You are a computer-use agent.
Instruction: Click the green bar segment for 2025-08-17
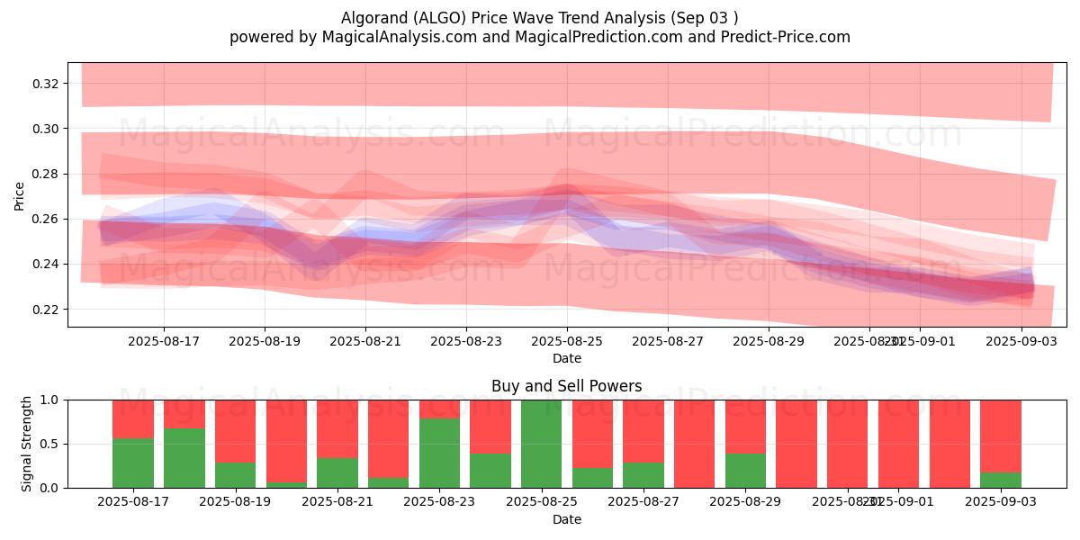coord(132,463)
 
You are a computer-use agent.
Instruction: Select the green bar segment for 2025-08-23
coord(440,453)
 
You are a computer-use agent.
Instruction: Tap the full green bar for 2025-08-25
coord(542,444)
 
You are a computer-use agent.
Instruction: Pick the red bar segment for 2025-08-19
coord(235,430)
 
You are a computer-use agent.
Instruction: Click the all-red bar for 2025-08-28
coord(694,444)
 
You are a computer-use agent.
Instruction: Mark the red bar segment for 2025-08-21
coord(337,428)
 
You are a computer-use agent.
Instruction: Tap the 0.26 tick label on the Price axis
coord(45,219)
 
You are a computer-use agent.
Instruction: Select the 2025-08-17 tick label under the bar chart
coord(133,501)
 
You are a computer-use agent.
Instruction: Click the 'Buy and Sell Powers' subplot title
coord(567,387)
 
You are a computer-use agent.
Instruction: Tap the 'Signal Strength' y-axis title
coord(27,444)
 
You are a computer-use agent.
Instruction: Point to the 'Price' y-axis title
coord(20,195)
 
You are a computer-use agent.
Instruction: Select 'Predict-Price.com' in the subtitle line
coord(787,37)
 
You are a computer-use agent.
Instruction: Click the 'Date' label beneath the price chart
coord(567,358)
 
